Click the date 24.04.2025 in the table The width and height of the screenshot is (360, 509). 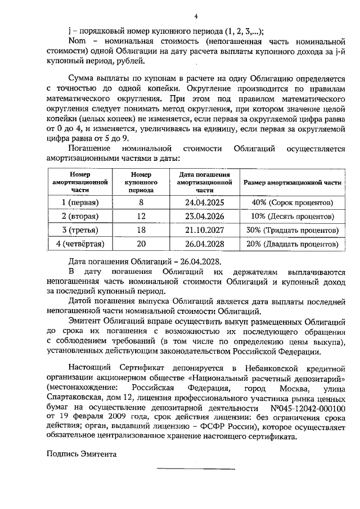click(204, 202)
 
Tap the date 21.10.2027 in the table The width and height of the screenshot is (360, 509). click(204, 231)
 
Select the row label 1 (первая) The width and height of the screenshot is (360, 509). click(80, 202)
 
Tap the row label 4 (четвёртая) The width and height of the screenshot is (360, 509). click(80, 245)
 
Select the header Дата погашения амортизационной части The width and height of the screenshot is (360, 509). click(204, 183)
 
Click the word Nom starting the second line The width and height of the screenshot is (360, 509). click(76, 41)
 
